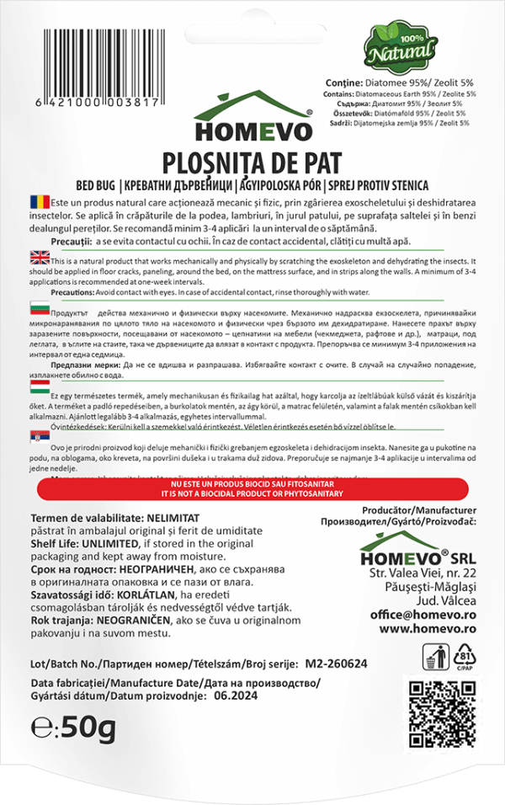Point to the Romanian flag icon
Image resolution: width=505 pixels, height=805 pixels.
(x=40, y=203)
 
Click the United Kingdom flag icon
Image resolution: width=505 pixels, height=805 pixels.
(x=40, y=259)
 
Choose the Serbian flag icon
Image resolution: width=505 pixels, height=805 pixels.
(x=40, y=439)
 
